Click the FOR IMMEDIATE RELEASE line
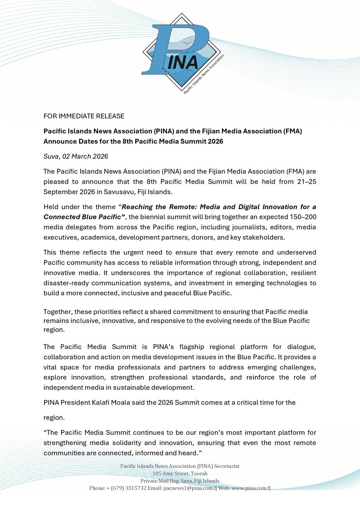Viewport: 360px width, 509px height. click(x=84, y=116)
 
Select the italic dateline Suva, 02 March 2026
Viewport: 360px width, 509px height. click(x=76, y=157)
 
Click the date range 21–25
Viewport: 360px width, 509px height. click(x=305, y=181)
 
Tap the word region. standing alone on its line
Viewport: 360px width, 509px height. click(x=54, y=417)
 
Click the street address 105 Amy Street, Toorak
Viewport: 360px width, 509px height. click(x=180, y=473)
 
